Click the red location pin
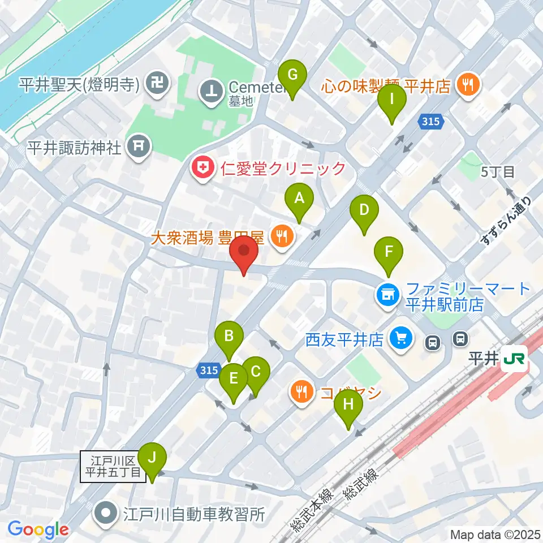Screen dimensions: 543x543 coord(244,253)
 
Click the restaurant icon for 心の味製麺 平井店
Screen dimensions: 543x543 coord(468,85)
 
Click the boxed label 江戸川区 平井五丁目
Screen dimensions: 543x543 coord(113,467)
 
